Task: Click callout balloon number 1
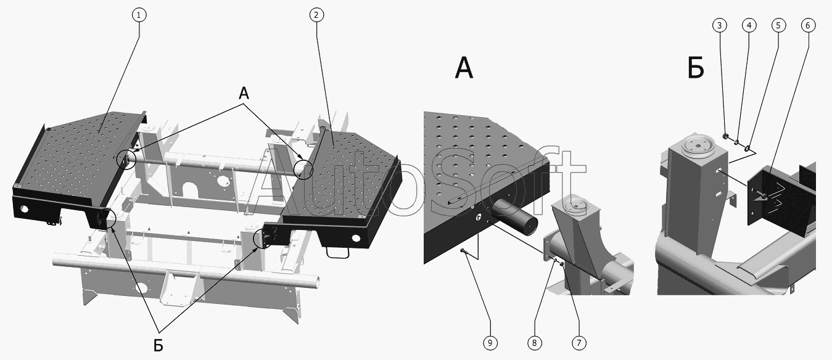point(139,15)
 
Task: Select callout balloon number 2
point(316,15)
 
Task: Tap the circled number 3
point(719,25)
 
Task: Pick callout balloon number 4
point(749,25)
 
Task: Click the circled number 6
point(808,25)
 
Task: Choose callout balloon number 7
point(579,342)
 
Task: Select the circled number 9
point(490,342)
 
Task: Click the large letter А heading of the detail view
point(464,68)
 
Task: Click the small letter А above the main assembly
point(244,94)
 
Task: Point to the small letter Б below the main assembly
point(159,345)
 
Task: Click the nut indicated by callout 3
point(726,136)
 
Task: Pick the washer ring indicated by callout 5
point(748,148)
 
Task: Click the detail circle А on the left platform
point(128,160)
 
